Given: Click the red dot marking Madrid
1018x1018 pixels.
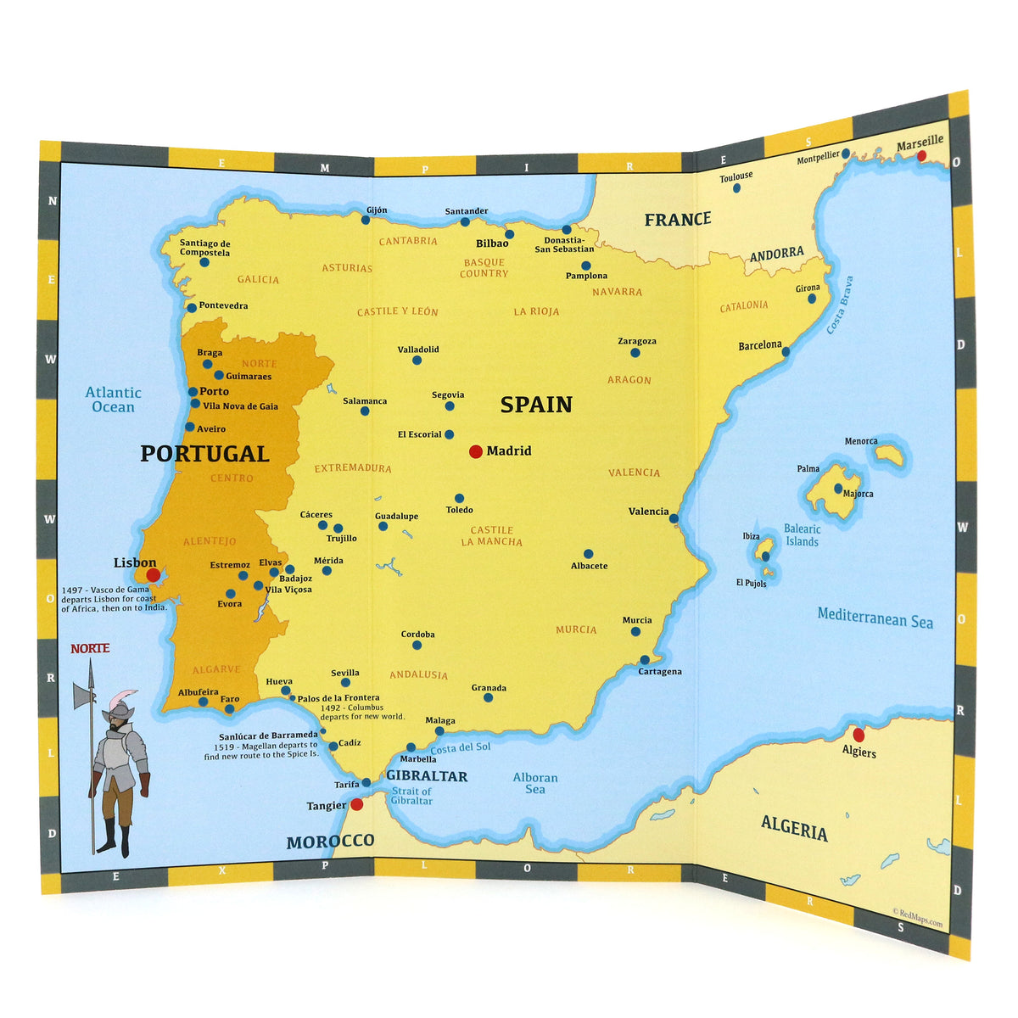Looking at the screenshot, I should tap(476, 451).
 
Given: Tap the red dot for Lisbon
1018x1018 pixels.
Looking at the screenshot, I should tap(153, 575).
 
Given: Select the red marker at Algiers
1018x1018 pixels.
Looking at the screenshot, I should tap(859, 735).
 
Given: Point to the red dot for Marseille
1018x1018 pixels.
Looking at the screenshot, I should tap(922, 156).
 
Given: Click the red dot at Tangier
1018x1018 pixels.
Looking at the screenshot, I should tap(357, 804).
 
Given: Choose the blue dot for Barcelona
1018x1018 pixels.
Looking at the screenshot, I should tap(786, 351).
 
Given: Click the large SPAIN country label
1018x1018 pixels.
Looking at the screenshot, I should tap(536, 405).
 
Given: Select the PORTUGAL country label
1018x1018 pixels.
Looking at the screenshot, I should tap(204, 454).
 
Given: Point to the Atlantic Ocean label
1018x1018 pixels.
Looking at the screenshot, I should tap(114, 400).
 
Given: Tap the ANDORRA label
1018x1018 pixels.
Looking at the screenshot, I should tap(776, 254).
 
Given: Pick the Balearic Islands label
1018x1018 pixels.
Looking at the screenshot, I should tap(802, 535).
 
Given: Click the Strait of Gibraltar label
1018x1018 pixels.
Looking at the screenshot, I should tap(411, 796).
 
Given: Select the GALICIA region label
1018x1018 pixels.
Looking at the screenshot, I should tap(258, 280).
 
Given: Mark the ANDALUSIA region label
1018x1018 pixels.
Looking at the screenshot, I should tap(418, 675).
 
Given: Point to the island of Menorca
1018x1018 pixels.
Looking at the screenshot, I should tap(890, 456).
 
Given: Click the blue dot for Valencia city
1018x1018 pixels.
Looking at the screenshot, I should tap(674, 518).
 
